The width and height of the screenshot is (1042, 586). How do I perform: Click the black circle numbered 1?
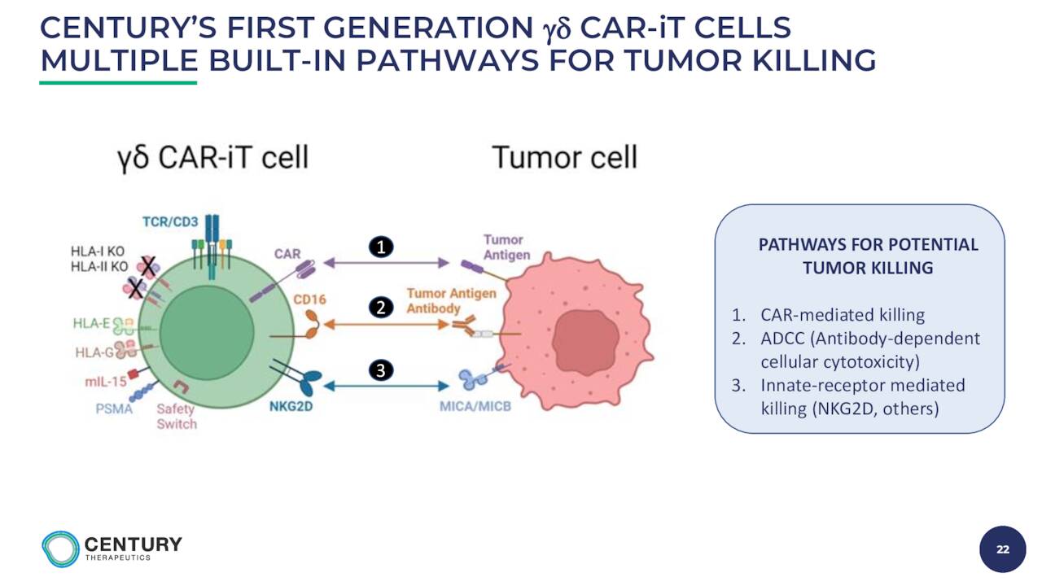[381, 247]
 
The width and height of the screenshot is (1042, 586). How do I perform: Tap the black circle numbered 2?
[381, 308]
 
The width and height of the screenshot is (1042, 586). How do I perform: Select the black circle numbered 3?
[381, 370]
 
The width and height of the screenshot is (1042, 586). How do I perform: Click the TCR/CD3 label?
[170, 222]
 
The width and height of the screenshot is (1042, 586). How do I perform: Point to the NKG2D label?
[291, 406]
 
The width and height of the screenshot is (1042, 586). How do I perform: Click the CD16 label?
[310, 299]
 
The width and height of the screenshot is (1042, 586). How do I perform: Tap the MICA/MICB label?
[475, 406]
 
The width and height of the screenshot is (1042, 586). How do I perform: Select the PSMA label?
[114, 409]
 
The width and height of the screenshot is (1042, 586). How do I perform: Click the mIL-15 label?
[106, 382]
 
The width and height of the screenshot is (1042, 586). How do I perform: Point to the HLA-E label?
[92, 323]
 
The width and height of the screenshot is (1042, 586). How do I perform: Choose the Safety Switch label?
[177, 416]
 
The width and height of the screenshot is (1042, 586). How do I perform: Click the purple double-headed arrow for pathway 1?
[386, 263]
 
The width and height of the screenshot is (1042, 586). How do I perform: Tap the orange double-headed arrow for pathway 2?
[386, 324]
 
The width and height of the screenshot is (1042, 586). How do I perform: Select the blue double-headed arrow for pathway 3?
[386, 386]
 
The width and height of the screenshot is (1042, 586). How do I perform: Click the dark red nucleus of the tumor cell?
[585, 343]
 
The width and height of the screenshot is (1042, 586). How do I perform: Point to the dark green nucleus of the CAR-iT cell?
[207, 333]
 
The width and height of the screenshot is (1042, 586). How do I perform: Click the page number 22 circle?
[1002, 549]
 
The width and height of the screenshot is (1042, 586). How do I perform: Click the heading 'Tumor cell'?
[565, 157]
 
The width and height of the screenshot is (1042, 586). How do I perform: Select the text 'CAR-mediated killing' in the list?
[843, 315]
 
